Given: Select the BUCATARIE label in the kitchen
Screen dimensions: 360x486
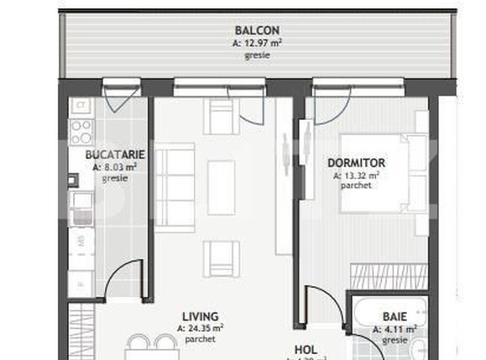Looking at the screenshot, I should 116,154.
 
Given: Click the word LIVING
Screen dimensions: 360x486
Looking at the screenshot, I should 199,317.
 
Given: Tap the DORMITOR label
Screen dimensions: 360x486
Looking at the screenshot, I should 356,163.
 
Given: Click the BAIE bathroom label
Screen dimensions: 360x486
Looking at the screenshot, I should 395,317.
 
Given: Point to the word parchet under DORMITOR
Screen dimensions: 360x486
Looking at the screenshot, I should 356,185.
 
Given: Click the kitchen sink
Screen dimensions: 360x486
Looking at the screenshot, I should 81,206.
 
